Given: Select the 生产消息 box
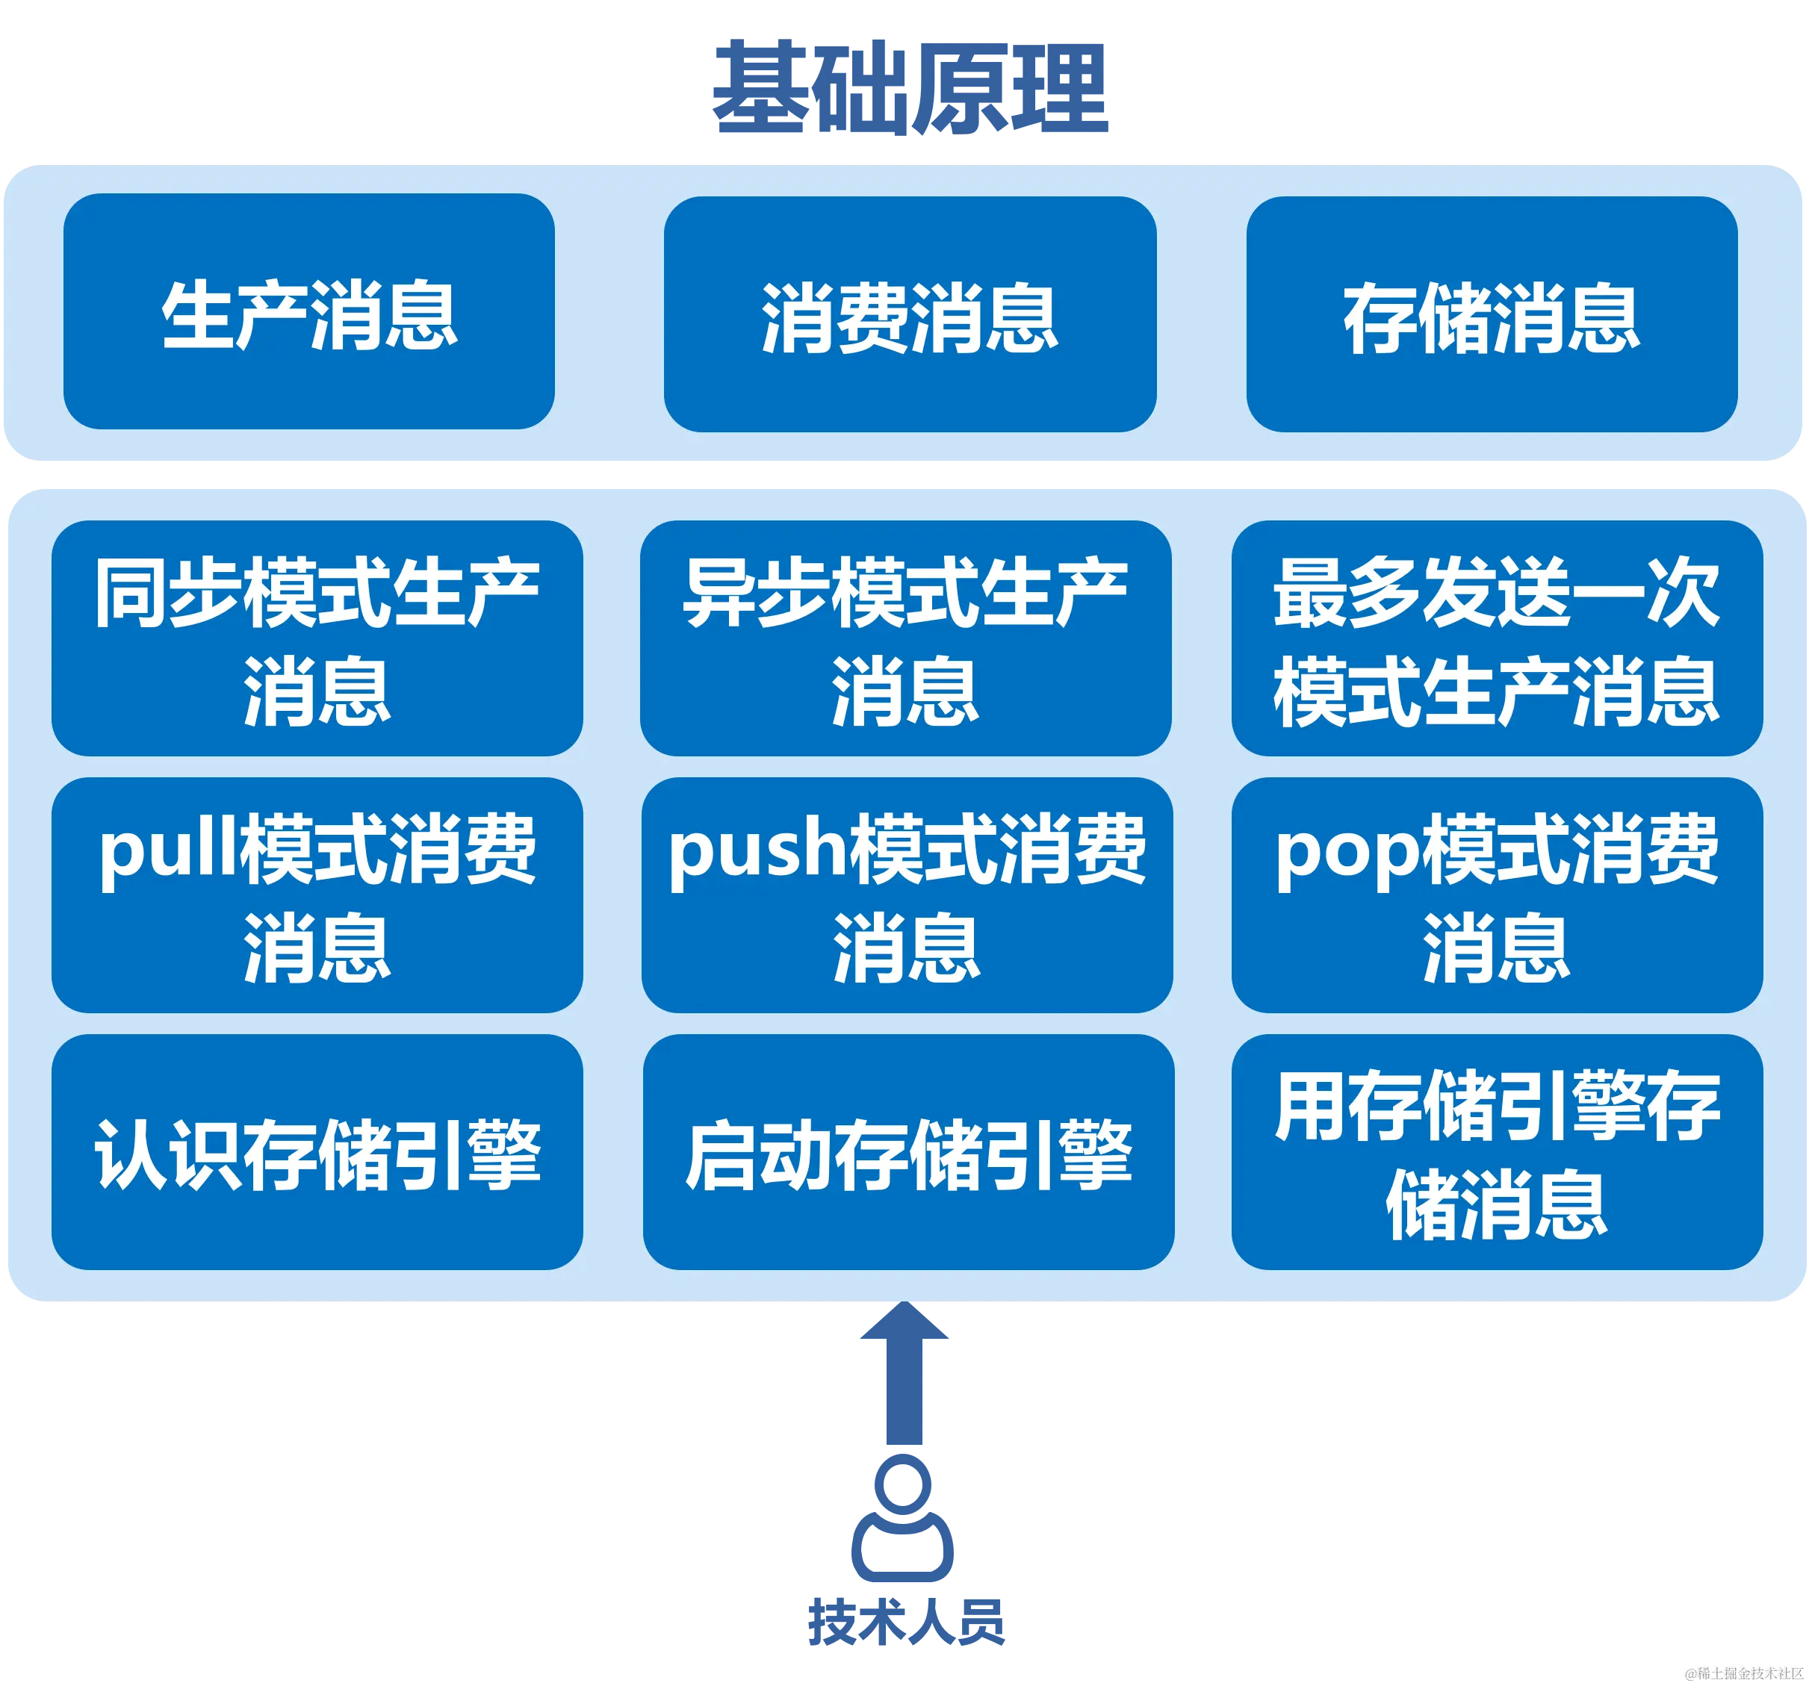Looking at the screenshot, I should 308,311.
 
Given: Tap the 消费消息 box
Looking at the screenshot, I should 909,314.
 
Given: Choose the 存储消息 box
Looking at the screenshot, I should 1492,314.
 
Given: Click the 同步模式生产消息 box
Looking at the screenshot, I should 317,638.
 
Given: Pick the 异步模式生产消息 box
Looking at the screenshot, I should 905,638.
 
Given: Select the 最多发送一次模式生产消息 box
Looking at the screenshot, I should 1496,638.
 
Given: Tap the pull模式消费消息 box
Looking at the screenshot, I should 317,895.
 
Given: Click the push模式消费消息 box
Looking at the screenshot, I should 906,895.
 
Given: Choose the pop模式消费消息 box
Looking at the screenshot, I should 1496,895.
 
